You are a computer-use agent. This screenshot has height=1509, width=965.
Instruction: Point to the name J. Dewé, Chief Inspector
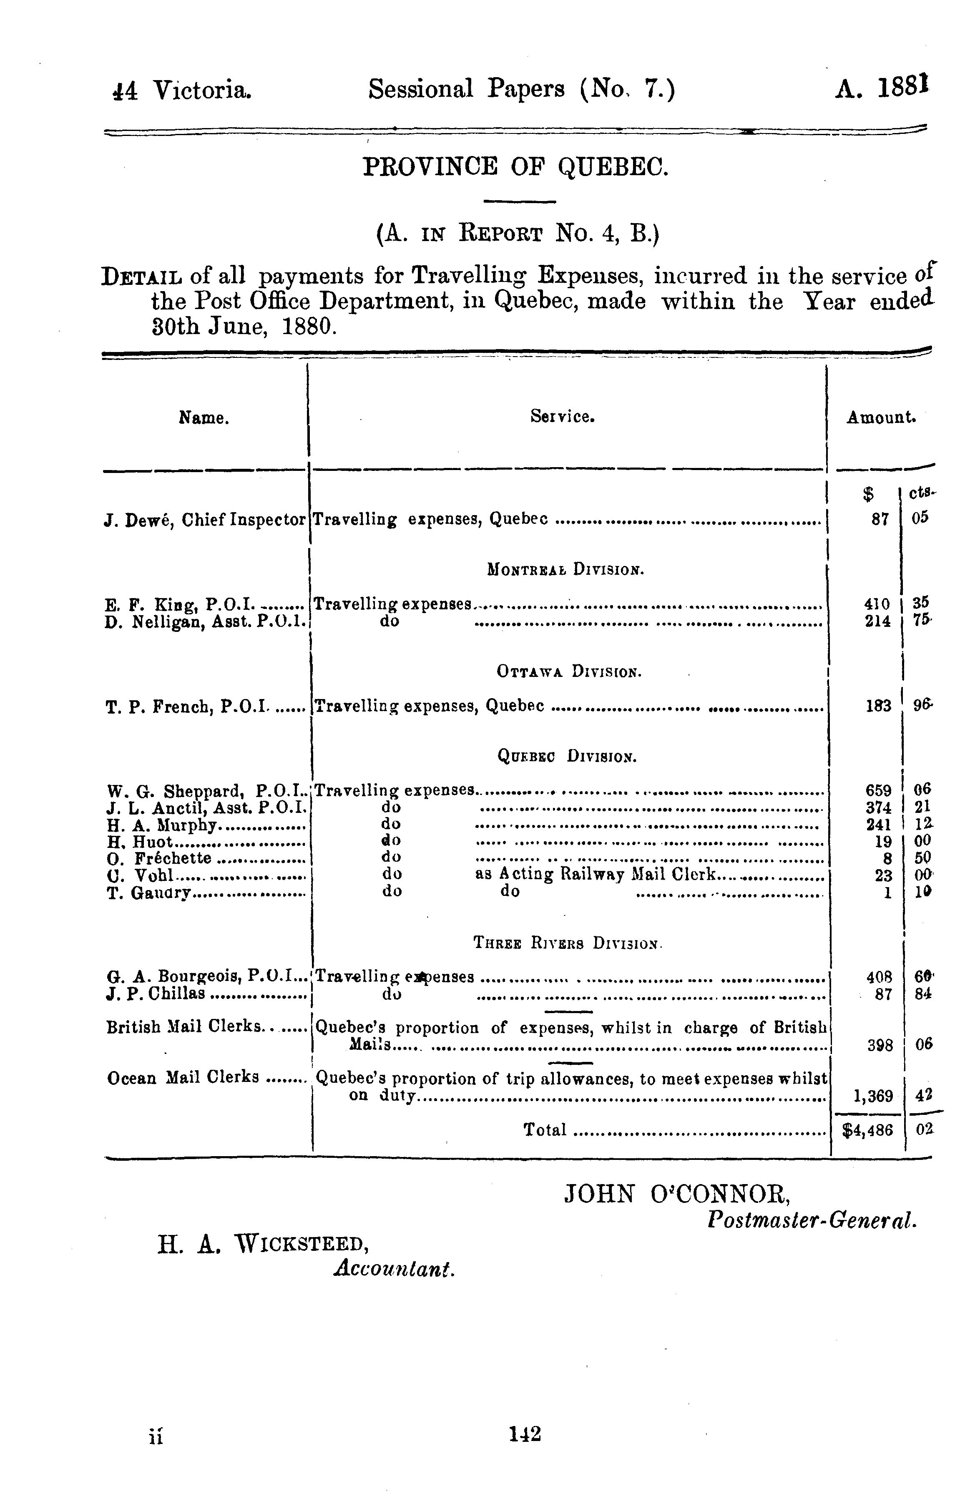206,520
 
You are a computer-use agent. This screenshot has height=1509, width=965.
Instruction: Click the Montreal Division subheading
565,570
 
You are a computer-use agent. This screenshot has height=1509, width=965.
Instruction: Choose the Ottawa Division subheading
568,672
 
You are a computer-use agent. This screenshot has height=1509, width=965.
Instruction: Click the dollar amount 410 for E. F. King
877,604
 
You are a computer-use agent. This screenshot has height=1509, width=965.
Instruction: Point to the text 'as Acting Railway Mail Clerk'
595,874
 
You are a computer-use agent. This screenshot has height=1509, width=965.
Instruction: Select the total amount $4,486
868,1130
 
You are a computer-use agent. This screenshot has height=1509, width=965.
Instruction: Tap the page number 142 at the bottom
525,1433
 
